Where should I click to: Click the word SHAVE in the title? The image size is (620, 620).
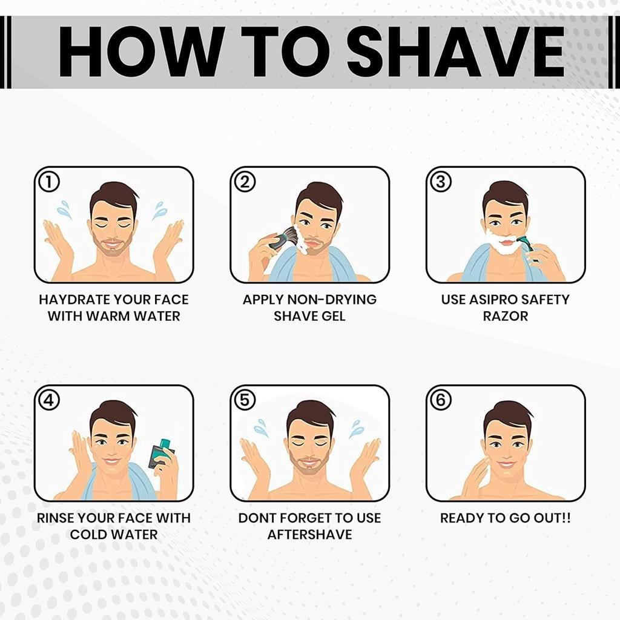(456, 52)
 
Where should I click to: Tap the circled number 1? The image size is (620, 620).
(48, 182)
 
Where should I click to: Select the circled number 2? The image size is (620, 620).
(245, 182)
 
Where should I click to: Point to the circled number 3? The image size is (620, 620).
(441, 182)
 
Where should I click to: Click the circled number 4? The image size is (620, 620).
(48, 400)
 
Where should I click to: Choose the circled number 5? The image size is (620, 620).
(245, 400)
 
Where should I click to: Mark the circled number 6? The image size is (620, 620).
(441, 400)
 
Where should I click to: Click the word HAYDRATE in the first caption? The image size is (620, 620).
(73, 299)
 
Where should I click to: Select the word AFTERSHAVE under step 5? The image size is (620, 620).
(309, 534)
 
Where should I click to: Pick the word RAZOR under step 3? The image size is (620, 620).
(506, 316)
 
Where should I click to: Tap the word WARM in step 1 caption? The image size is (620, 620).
(108, 316)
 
